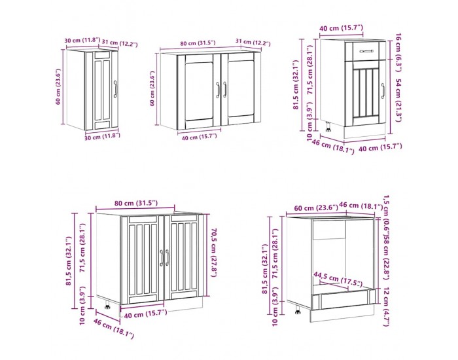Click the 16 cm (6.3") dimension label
pos(398,53)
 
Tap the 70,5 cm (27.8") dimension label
pos(214,253)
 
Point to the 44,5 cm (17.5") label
pos(338,279)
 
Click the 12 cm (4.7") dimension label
pos(386,306)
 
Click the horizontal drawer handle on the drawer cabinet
pos(366,51)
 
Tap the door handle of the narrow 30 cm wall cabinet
pos(115,89)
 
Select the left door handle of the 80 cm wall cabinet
pos(218,90)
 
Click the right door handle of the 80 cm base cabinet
pos(167,257)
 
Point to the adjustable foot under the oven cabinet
pos(298,310)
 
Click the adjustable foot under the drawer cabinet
pos(328,127)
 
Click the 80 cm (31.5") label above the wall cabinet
pos(198,43)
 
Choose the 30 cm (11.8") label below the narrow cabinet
pos(102,136)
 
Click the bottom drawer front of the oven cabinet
pos(343,298)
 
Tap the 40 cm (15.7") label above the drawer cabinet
pos(341,28)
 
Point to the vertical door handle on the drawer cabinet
pos(383,90)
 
